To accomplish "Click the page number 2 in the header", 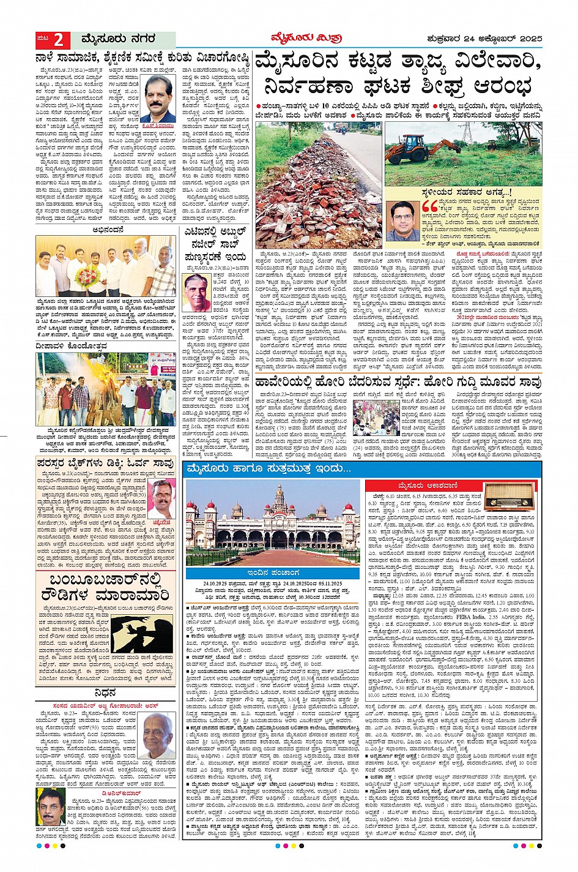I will (x=59, y=40).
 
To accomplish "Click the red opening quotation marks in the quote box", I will (x=428, y=205).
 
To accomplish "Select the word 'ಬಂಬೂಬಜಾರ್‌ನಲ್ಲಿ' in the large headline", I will (x=105, y=585).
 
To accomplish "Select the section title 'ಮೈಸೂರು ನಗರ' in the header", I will (x=113, y=40).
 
